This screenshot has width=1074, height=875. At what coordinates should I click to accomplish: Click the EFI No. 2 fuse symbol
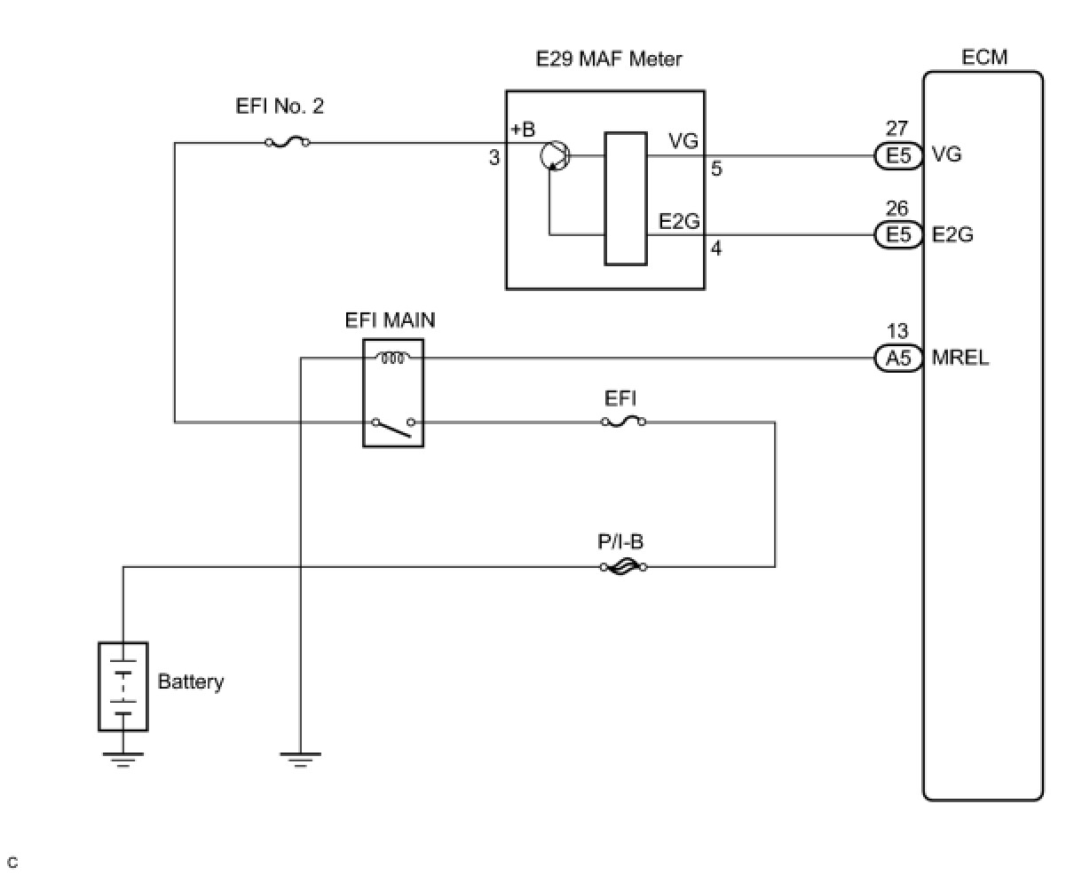pos(287,142)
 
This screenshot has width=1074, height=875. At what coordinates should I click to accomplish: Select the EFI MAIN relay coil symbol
pos(392,358)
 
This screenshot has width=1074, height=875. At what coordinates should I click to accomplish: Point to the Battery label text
pos(190,682)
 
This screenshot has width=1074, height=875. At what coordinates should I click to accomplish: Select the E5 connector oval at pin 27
pos(897,155)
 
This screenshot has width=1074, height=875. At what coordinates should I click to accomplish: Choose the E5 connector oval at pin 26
pos(897,234)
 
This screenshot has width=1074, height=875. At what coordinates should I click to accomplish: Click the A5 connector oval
pos(897,359)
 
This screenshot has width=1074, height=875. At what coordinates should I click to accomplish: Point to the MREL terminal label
pos(960,359)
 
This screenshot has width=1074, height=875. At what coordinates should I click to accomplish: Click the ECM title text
pos(984,58)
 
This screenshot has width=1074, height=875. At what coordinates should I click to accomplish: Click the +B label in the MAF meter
pos(523,130)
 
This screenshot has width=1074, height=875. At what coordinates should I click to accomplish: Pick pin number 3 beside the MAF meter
pos(494,158)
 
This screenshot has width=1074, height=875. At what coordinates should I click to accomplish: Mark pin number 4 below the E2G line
pos(716,249)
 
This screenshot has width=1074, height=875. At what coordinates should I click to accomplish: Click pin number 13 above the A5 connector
pos(897,332)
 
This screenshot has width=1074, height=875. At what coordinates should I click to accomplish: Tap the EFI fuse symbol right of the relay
pos(623,422)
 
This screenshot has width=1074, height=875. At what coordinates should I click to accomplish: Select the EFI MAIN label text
pos(391,319)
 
